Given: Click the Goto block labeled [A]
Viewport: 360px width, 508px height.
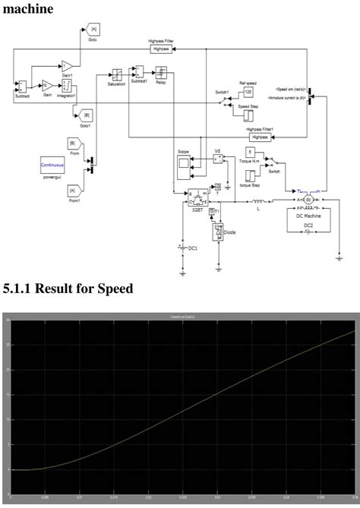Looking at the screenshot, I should pyautogui.click(x=93, y=30).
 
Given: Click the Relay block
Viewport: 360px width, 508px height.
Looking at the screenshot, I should pyautogui.click(x=161, y=74).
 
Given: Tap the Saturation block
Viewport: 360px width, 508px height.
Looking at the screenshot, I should pyautogui.click(x=117, y=74).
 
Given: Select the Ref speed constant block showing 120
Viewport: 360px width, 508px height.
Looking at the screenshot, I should pyautogui.click(x=248, y=93).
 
